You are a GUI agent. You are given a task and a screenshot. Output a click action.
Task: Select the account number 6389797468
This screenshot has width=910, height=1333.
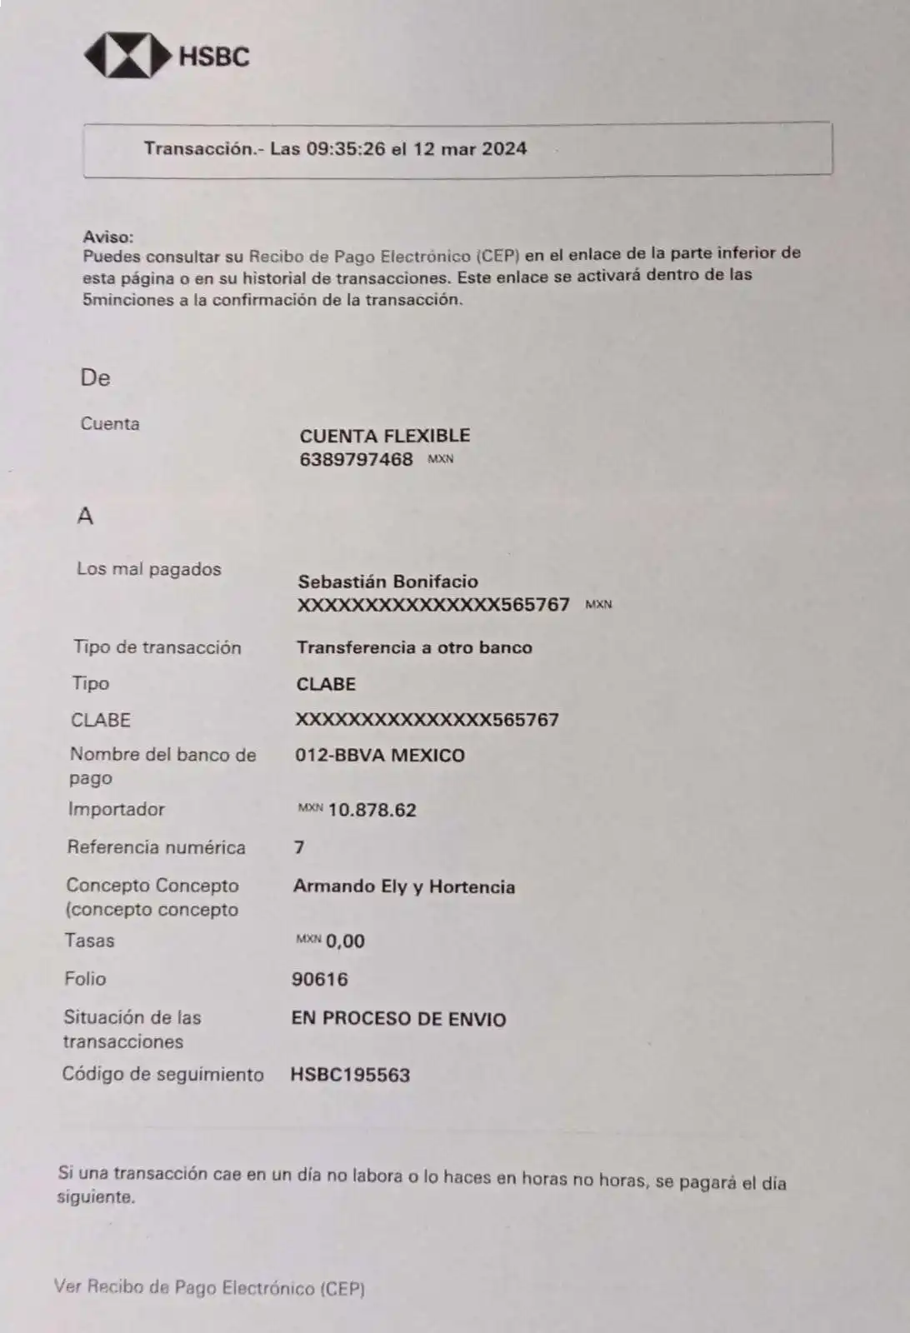(x=356, y=459)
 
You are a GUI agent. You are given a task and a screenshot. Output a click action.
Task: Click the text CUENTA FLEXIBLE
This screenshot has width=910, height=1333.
(x=384, y=436)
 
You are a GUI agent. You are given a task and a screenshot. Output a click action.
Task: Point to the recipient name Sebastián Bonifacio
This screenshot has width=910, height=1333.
(x=387, y=582)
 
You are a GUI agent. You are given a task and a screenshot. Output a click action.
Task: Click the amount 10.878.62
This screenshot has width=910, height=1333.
(x=372, y=810)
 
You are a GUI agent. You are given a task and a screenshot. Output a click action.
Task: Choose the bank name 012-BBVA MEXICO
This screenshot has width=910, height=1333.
(x=379, y=756)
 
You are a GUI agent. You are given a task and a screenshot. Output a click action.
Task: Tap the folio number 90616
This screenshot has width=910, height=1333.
(x=319, y=979)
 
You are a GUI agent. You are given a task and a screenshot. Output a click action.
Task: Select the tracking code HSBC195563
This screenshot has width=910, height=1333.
(x=350, y=1075)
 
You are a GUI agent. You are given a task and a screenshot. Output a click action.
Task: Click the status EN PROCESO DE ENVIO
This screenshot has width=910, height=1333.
(x=398, y=1019)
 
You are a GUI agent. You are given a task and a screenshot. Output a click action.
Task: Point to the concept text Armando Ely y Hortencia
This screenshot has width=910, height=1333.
(x=403, y=886)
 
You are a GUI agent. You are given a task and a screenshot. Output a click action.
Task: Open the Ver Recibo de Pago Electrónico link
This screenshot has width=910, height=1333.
(x=209, y=1287)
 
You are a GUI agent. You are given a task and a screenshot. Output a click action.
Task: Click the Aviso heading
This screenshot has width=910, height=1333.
(x=107, y=237)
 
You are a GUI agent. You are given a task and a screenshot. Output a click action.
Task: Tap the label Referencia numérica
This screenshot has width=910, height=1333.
(x=156, y=847)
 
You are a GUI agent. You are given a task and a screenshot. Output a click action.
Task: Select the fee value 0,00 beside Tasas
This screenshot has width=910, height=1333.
(x=345, y=941)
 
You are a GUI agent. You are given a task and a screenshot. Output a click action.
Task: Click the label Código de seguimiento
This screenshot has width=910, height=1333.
(x=162, y=1075)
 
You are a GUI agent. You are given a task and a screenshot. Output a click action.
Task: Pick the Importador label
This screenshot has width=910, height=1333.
(x=116, y=809)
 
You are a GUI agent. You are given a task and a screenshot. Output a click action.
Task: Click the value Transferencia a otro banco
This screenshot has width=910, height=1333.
(x=414, y=647)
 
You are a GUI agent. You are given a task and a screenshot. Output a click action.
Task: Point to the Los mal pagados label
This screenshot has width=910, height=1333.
(x=148, y=569)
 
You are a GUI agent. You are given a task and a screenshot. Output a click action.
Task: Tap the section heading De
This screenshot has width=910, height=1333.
(x=95, y=377)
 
